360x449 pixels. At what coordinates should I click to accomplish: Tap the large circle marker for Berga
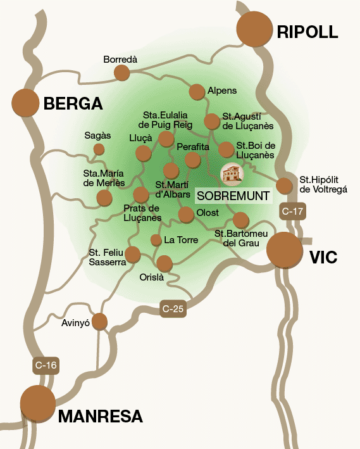25,103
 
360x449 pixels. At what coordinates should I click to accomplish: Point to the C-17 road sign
292,212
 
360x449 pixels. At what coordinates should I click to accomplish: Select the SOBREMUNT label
233,195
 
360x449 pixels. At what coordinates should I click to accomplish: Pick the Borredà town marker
121,73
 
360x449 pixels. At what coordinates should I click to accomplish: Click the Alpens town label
221,91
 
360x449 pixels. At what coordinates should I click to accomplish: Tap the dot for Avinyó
100,322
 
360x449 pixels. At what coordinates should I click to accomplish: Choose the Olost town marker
186,215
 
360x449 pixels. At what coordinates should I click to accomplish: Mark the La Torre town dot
156,240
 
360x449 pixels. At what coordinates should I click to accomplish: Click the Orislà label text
151,277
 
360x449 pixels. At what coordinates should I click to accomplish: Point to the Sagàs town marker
99,149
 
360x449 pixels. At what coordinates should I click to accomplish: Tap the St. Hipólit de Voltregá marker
285,185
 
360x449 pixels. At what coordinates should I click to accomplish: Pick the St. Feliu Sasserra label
106,257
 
